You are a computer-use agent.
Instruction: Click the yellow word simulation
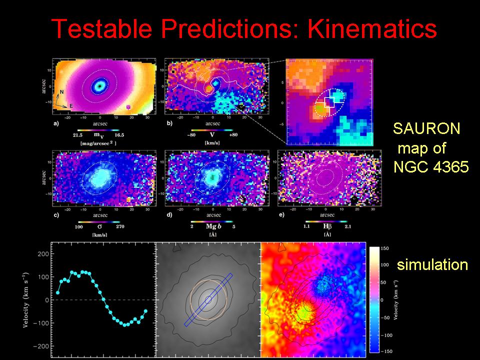coord(432,264)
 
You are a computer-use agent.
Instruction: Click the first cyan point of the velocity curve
coord(58,292)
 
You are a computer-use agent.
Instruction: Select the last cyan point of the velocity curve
coord(146,311)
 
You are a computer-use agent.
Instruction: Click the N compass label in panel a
coord(62,92)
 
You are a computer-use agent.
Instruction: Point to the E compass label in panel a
coord(71,106)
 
